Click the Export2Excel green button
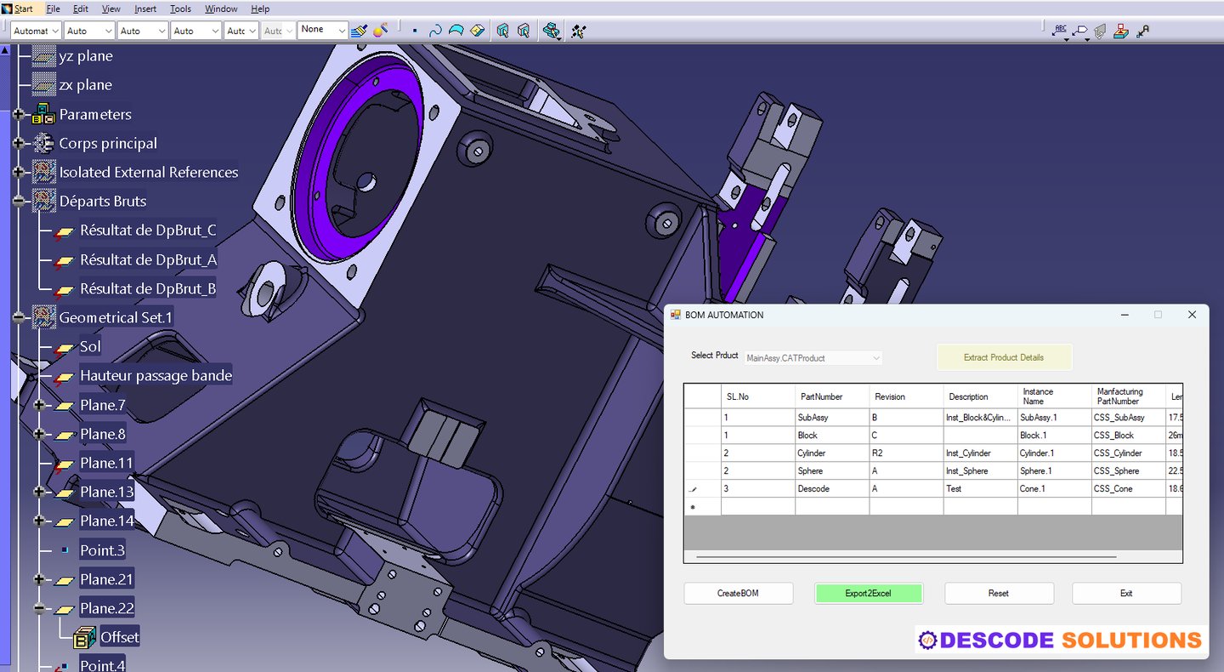(x=868, y=593)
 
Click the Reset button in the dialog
(x=999, y=593)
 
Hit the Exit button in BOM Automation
(x=1126, y=593)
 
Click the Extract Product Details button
(x=1003, y=357)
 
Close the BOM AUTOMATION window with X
(x=1192, y=315)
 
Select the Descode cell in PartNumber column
(x=831, y=489)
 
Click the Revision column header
(x=906, y=396)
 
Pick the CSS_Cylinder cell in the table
(x=1128, y=453)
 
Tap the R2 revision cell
(x=906, y=453)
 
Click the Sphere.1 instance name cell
(x=1054, y=471)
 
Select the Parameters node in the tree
(x=94, y=114)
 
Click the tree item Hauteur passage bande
(x=156, y=375)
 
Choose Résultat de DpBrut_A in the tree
(x=148, y=259)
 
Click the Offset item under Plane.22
(x=119, y=637)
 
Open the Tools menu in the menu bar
(x=180, y=9)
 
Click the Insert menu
(x=145, y=9)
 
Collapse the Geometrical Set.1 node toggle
(x=19, y=317)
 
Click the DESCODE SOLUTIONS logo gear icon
(x=928, y=641)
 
